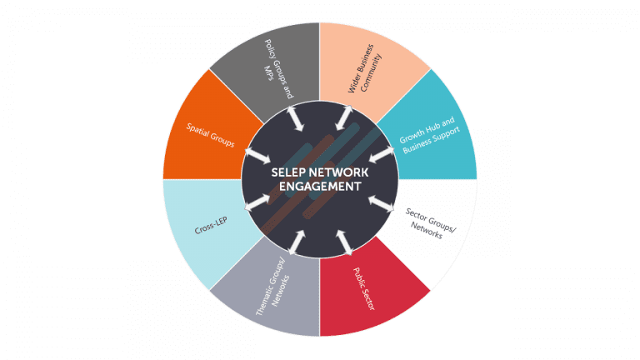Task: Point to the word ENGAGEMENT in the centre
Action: (x=320, y=187)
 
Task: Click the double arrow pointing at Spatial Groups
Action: (x=257, y=155)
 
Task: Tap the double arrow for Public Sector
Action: (x=343, y=242)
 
